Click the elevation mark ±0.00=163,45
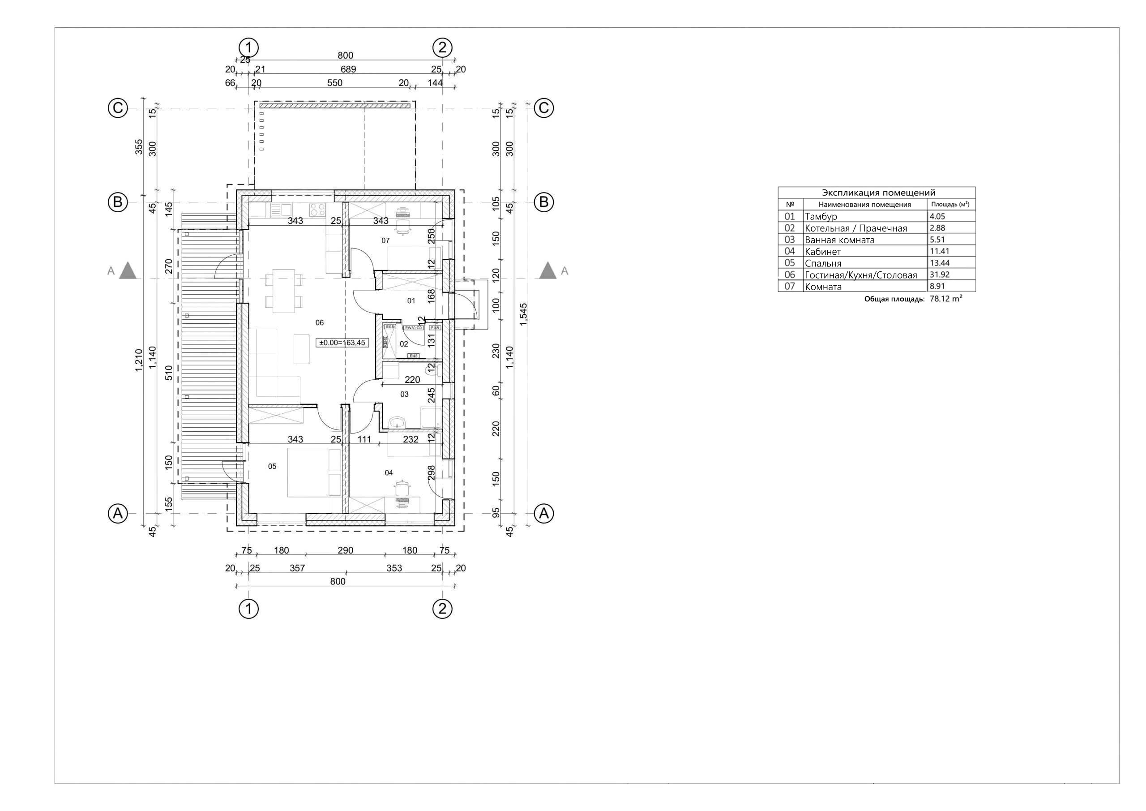[x=342, y=343]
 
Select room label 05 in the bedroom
[x=272, y=467]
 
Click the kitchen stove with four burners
[x=317, y=209]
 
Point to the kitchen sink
[x=282, y=210]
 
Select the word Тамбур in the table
[x=821, y=216]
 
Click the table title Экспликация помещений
[x=878, y=193]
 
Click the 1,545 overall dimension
[x=524, y=315]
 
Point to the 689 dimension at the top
[x=348, y=69]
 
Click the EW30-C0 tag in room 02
[x=413, y=328]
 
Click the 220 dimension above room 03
[x=412, y=380]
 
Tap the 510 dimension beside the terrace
[x=169, y=373]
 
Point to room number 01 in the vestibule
[x=411, y=300]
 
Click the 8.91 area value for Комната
[x=937, y=286]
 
